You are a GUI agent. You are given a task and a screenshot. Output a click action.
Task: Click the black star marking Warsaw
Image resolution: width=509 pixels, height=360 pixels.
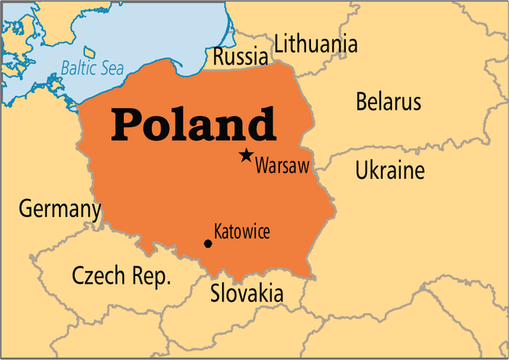(x=247, y=156)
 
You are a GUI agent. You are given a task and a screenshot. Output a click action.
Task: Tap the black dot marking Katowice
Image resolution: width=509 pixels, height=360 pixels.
(x=208, y=243)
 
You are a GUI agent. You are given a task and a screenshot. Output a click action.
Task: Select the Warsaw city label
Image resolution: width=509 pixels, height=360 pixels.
(x=282, y=167)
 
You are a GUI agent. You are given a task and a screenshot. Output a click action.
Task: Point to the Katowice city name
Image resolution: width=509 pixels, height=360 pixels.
(x=242, y=232)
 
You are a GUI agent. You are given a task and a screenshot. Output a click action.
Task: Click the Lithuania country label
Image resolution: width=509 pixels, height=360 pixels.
(x=316, y=45)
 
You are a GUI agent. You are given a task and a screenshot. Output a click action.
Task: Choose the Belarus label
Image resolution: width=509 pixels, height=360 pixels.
(x=388, y=102)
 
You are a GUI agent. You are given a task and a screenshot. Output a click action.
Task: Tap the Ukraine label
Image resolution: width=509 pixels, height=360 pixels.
(x=390, y=170)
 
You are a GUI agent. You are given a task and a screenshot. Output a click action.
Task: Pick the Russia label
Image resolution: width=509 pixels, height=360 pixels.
(x=240, y=57)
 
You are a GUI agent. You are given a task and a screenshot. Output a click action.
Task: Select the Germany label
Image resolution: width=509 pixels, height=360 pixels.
(x=60, y=210)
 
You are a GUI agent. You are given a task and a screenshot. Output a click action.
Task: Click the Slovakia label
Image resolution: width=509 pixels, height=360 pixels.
(x=247, y=293)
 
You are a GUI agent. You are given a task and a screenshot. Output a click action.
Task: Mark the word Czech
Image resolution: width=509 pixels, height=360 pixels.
(x=98, y=276)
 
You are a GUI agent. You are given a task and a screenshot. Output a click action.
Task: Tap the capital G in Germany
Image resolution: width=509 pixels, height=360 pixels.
(x=26, y=209)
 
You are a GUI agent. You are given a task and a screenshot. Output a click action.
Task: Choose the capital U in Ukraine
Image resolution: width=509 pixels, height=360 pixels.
(x=362, y=170)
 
